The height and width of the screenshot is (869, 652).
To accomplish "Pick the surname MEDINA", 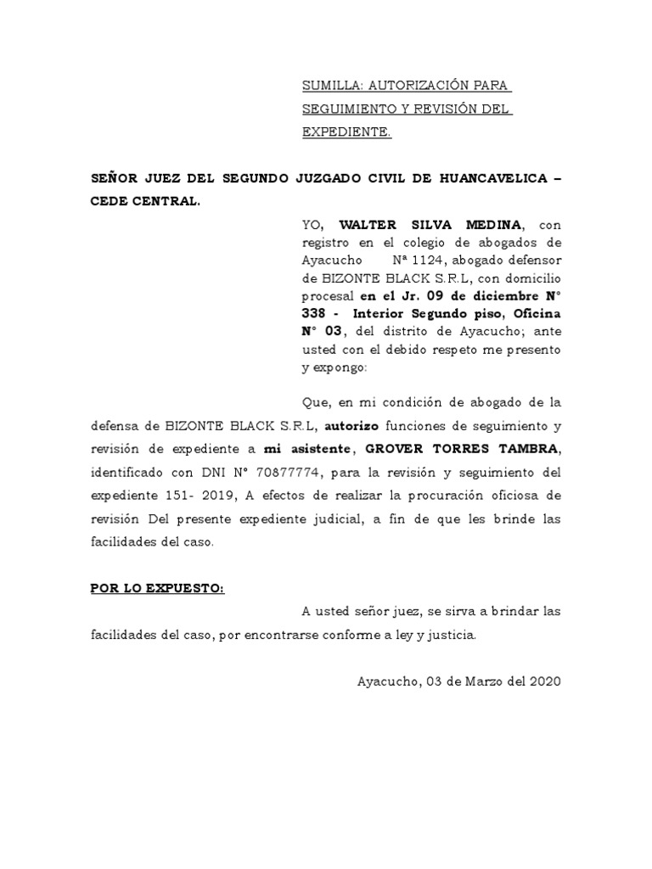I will [493, 224].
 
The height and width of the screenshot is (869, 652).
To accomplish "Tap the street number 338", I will [316, 313].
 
